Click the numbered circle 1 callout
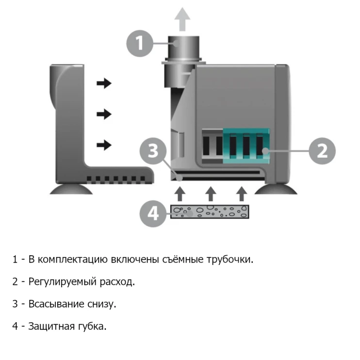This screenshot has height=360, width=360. [x=140, y=44]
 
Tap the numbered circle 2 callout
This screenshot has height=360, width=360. [x=322, y=151]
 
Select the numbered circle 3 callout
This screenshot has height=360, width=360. [x=153, y=151]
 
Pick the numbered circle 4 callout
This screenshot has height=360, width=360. [x=153, y=213]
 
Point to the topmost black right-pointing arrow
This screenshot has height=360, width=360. [x=103, y=83]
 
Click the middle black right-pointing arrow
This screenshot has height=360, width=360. [x=103, y=114]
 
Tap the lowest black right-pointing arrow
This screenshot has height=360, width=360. [x=103, y=145]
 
